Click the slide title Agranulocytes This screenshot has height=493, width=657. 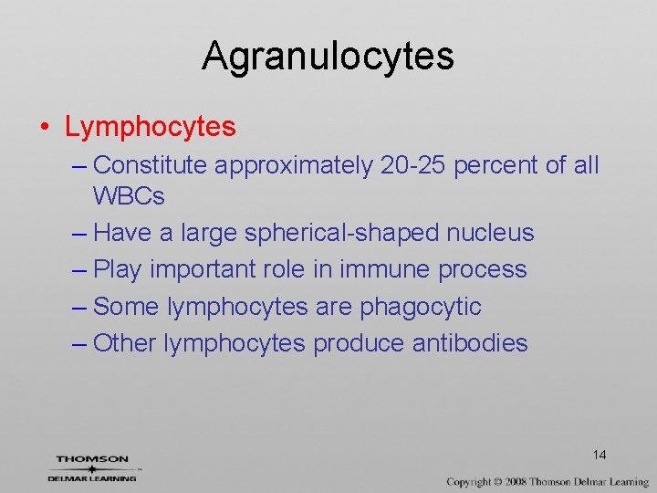[x=328, y=56]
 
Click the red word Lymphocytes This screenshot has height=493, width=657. [x=150, y=127]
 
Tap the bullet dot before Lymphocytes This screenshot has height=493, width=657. [x=45, y=127]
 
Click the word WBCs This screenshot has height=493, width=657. [x=129, y=195]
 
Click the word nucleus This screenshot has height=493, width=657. [x=490, y=233]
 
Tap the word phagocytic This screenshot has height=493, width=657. [x=420, y=307]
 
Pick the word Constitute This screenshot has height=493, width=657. [x=151, y=165]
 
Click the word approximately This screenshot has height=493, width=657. [x=293, y=165]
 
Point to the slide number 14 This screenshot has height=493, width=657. [x=600, y=455]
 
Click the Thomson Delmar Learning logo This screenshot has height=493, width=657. [x=92, y=467]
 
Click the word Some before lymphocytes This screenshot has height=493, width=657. [x=126, y=307]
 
